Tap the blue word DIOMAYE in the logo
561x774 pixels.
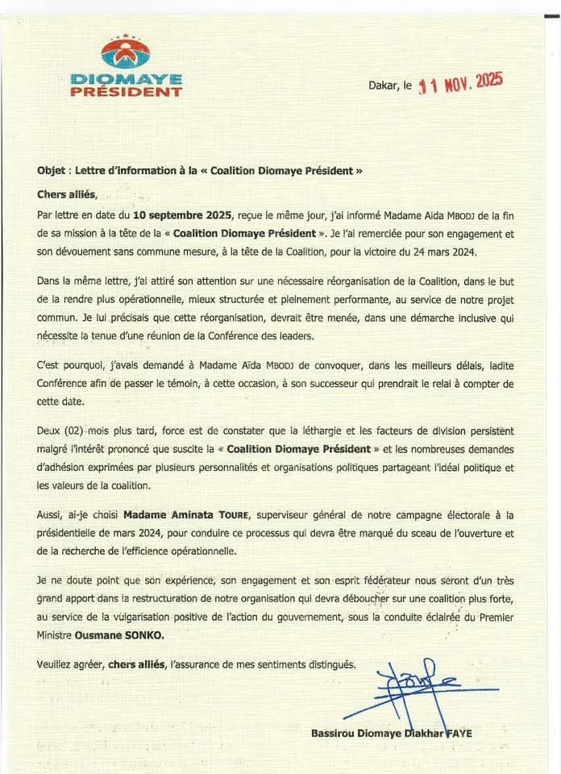[126, 79]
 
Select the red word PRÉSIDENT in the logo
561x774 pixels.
[126, 92]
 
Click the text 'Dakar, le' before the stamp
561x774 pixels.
[390, 84]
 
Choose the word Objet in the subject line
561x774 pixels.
[53, 171]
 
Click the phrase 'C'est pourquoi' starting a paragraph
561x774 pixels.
[69, 365]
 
